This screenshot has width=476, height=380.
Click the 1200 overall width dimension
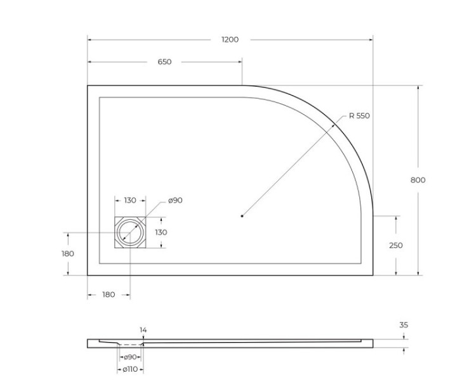230,40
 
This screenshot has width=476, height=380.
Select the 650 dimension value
164,62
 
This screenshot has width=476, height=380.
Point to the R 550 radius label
359,116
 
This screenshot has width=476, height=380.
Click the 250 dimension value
395,246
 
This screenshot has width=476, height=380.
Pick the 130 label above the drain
129,201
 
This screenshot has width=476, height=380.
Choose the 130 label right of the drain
161,232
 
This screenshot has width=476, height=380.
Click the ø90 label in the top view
175,201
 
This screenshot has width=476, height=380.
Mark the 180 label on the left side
68,254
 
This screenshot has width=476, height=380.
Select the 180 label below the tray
109,294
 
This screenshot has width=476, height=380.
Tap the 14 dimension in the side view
143,330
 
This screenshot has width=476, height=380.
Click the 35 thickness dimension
404,325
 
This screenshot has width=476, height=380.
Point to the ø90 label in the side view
131,357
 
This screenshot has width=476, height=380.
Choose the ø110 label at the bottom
129,369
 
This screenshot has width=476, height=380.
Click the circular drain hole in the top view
130,232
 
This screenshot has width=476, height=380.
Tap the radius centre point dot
242,216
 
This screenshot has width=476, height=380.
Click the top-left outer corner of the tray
88,85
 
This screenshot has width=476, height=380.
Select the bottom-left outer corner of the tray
88,275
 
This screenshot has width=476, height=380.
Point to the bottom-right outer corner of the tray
373,275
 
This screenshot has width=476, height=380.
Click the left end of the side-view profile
88,343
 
